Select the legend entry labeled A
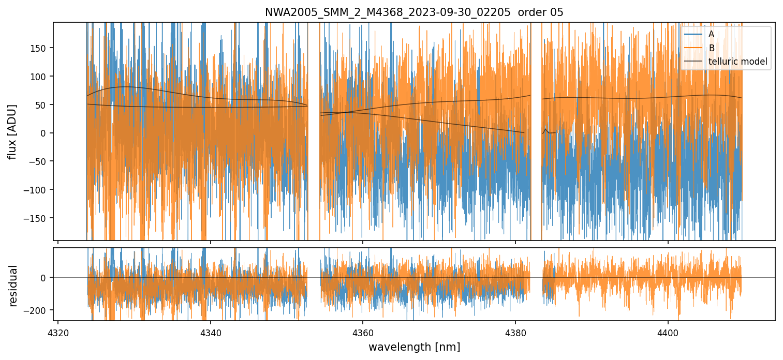click(x=712, y=34)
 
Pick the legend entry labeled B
click(x=712, y=48)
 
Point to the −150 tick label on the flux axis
click(x=38, y=218)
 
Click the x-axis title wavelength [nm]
click(x=414, y=347)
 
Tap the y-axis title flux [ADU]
click(x=12, y=132)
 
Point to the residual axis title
click(x=12, y=286)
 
